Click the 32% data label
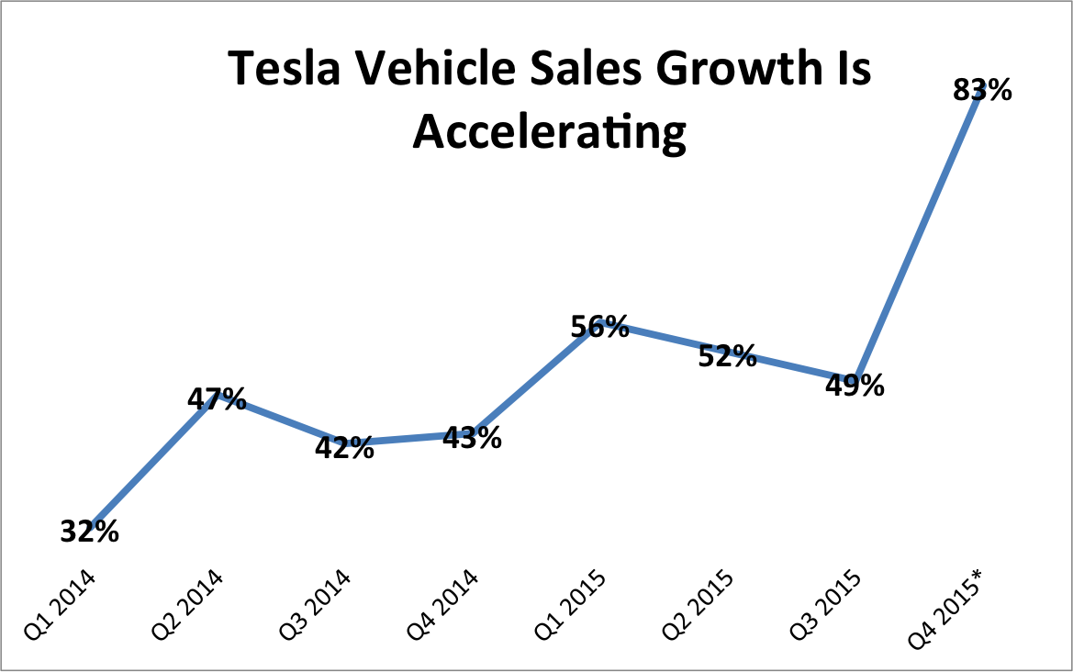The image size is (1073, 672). (x=90, y=532)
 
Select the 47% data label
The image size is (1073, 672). (x=217, y=398)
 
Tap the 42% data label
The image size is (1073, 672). (x=344, y=447)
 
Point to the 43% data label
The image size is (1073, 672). (x=472, y=438)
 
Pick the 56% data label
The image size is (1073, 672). (x=599, y=326)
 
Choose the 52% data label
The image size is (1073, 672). (x=727, y=355)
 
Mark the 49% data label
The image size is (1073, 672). (x=855, y=386)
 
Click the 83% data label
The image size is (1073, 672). (x=982, y=90)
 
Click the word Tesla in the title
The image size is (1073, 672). (x=275, y=71)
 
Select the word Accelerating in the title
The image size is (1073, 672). (x=549, y=132)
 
